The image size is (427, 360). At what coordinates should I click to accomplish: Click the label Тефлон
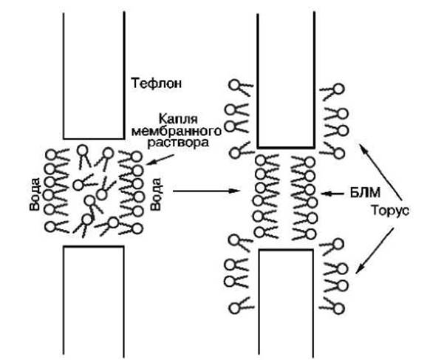click(157, 83)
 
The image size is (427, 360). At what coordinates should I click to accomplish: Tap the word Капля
click(178, 119)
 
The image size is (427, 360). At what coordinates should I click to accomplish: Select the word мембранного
click(177, 131)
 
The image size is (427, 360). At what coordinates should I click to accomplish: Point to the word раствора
click(178, 143)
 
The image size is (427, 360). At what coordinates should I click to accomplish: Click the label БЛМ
click(365, 193)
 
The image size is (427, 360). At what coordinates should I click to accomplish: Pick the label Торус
click(390, 211)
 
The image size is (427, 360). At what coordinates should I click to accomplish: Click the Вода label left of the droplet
click(35, 194)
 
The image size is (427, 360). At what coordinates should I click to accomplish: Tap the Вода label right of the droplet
click(156, 194)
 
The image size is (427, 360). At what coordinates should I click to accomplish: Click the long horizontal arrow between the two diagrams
click(206, 191)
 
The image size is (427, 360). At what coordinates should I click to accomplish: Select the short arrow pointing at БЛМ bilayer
click(332, 194)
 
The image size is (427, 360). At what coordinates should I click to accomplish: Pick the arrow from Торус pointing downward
click(375, 251)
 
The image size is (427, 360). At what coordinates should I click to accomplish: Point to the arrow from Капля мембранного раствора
click(160, 160)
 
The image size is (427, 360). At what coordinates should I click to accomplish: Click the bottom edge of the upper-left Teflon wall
click(94, 139)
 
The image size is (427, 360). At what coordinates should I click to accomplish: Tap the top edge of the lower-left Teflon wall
click(94, 246)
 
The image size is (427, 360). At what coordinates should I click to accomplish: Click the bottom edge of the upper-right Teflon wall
click(286, 147)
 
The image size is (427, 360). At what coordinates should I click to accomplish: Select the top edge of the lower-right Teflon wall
click(286, 250)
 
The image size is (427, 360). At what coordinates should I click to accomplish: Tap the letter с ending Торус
click(406, 211)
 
